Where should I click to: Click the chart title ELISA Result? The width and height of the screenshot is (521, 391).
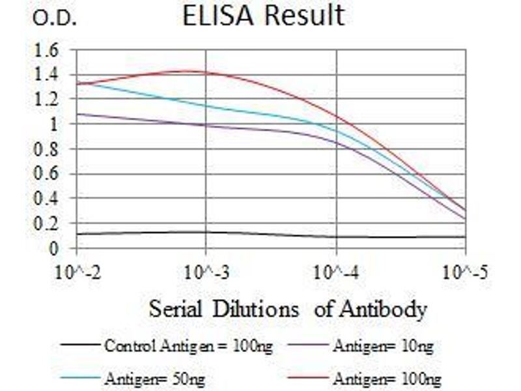tap(263, 16)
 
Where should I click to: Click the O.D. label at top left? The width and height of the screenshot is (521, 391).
tap(55, 19)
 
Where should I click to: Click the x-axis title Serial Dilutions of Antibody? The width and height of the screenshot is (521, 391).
tap(288, 308)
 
